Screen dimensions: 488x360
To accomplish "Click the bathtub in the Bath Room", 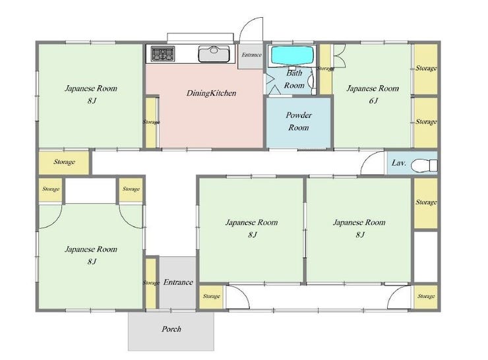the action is (291, 55).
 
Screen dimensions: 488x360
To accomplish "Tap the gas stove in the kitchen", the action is (163, 53).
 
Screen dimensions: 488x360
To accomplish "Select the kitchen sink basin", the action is (214, 53).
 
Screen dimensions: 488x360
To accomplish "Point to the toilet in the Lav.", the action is (424, 165).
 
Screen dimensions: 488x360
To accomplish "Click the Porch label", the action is (171, 329).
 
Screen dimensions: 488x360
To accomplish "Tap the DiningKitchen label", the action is (211, 93).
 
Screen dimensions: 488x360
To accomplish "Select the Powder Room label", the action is (299, 121).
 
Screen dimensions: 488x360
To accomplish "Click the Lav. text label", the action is (399, 163).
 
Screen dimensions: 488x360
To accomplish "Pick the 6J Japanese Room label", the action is (373, 94).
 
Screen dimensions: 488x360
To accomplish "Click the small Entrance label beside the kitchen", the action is (251, 55).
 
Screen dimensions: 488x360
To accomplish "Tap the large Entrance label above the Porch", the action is (178, 282).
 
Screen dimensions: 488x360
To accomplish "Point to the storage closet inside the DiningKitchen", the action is (151, 122).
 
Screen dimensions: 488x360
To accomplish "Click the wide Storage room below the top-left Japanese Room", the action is (64, 162).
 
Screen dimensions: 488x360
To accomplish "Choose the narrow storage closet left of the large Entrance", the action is (151, 283).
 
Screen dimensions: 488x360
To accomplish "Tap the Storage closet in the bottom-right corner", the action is (426, 297).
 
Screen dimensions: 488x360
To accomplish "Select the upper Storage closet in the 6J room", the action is (426, 69).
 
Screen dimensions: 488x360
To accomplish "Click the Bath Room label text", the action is (294, 79).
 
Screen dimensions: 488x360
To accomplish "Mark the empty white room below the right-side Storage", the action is (426, 256).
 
